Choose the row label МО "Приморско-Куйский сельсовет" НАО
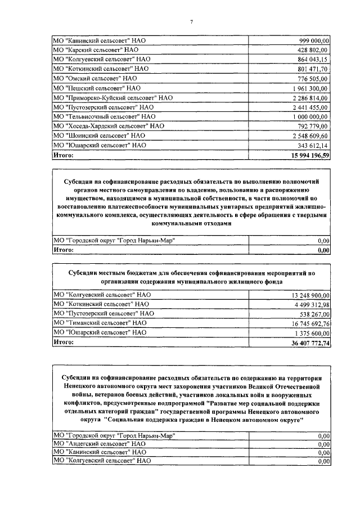(112, 98)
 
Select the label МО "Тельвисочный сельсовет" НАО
(103, 117)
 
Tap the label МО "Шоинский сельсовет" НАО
(99, 136)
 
